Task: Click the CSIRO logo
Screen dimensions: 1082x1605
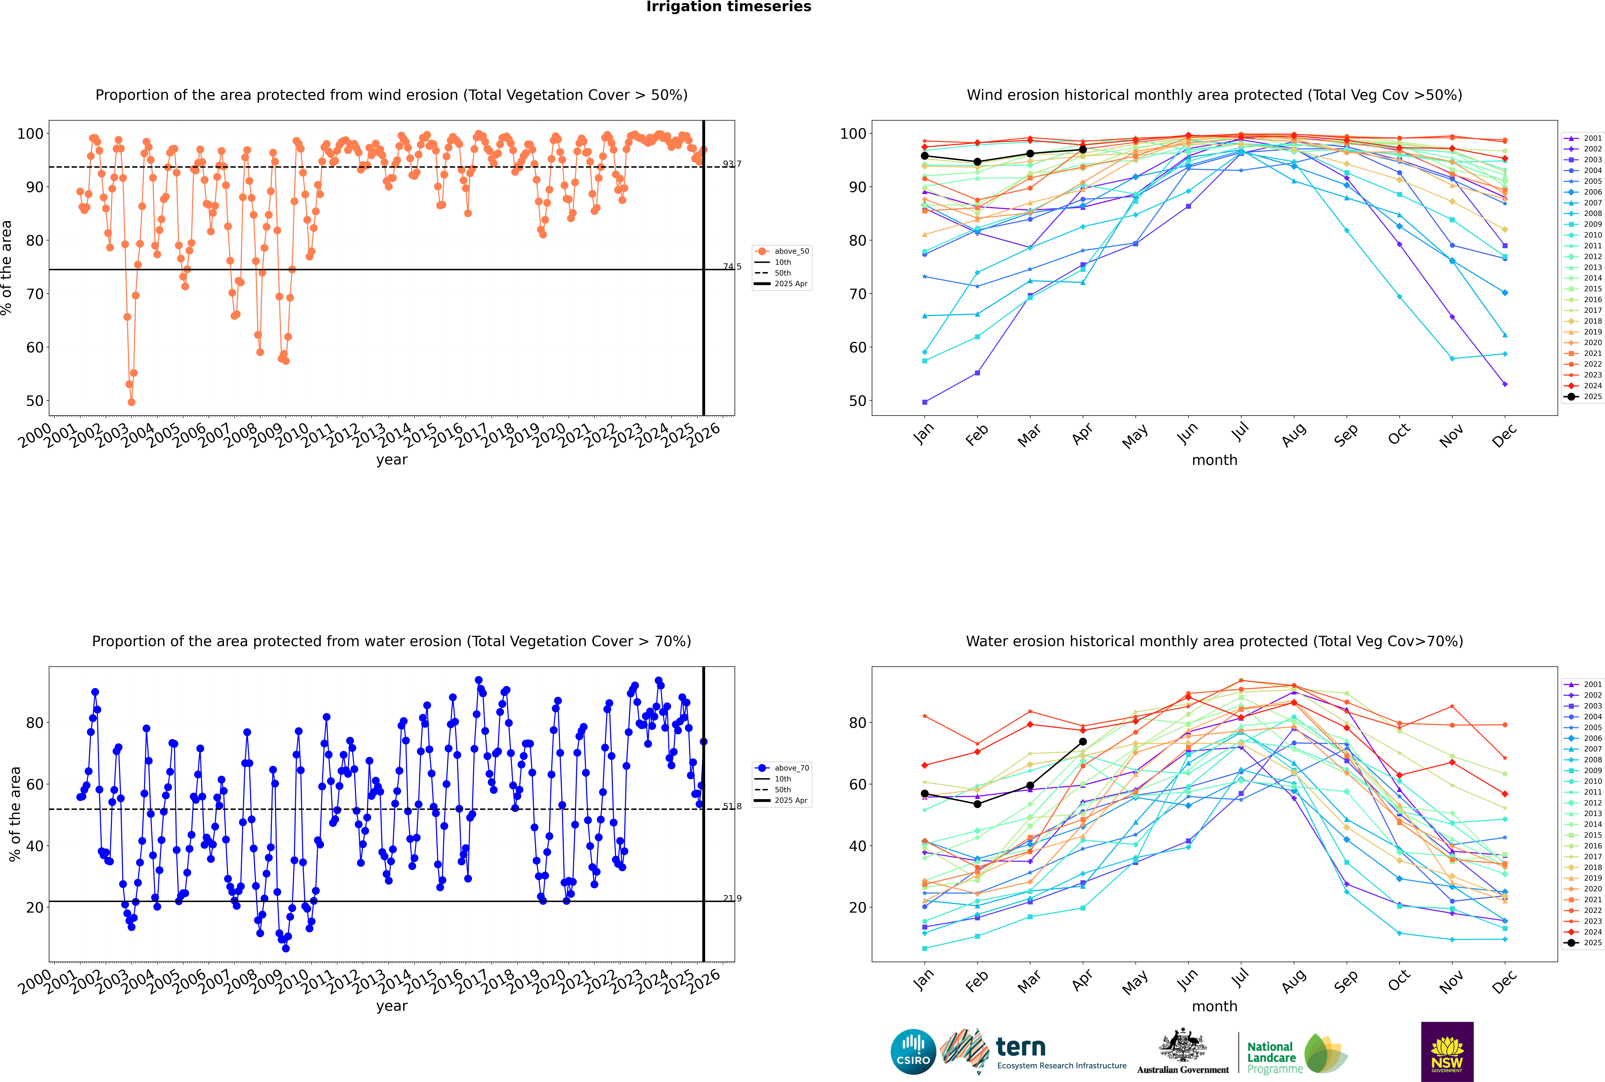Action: pyautogui.click(x=913, y=1052)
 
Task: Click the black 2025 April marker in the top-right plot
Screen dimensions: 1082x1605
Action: pyautogui.click(x=1083, y=150)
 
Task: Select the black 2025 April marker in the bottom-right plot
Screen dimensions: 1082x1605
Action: pyautogui.click(x=1083, y=742)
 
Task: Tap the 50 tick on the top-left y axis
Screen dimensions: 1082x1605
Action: pyautogui.click(x=34, y=401)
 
